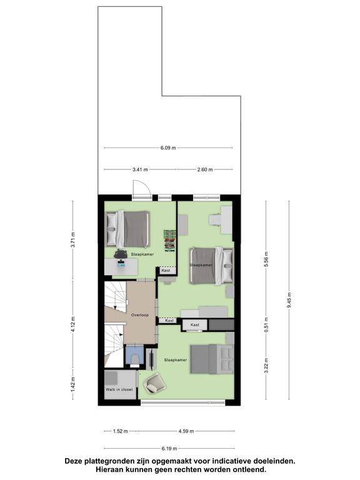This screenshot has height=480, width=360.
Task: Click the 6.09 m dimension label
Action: [x=168, y=148]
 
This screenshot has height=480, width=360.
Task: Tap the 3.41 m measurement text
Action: [x=140, y=169]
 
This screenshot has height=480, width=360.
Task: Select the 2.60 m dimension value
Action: [x=205, y=169]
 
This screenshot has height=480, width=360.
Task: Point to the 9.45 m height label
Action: [x=289, y=301]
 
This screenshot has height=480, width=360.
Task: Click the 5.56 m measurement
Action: [x=266, y=259]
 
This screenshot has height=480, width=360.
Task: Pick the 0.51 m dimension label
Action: [x=266, y=324]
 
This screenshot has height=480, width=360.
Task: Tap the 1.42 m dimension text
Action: [x=73, y=384]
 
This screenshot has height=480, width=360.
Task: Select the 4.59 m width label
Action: [x=186, y=431]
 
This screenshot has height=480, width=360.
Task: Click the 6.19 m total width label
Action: [x=169, y=449]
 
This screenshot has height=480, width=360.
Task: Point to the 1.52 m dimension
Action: [x=120, y=431]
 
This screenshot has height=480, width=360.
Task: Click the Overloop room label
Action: [x=140, y=315]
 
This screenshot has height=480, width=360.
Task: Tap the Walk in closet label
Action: [x=119, y=389]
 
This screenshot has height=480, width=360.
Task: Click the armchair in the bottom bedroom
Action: [x=156, y=382]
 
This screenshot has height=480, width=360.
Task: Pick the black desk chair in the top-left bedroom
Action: [x=121, y=254]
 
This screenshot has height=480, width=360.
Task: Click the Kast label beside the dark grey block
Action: [x=195, y=324]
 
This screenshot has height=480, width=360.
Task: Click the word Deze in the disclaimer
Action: [x=74, y=461]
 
